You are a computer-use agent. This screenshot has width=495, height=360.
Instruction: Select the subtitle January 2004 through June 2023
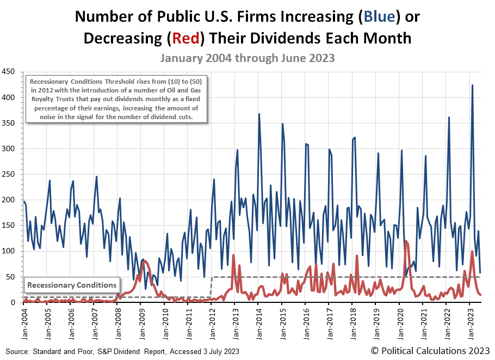click(x=247, y=58)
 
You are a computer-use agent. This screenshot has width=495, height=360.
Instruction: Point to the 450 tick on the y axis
click(x=9, y=72)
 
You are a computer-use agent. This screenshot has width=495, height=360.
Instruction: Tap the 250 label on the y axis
click(x=9, y=174)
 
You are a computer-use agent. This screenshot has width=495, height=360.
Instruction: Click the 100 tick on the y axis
click(x=9, y=251)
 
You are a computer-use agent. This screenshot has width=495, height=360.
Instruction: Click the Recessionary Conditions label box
click(x=72, y=285)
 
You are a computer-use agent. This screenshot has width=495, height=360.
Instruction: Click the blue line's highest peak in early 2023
click(x=472, y=85)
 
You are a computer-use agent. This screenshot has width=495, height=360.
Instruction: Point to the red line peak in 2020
click(x=406, y=241)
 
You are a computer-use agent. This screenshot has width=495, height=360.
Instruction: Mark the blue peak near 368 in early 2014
click(x=259, y=114)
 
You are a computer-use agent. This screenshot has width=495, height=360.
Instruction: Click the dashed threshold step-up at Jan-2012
click(x=211, y=287)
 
